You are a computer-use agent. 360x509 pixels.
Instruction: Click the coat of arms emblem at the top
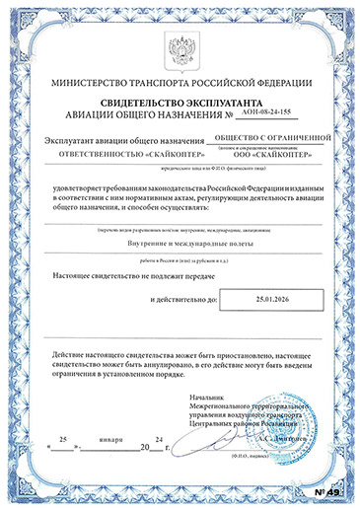pos(180,47)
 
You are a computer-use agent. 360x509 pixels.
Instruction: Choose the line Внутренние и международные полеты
pos(180,242)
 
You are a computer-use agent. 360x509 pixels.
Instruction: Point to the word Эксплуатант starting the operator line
pos(70,142)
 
